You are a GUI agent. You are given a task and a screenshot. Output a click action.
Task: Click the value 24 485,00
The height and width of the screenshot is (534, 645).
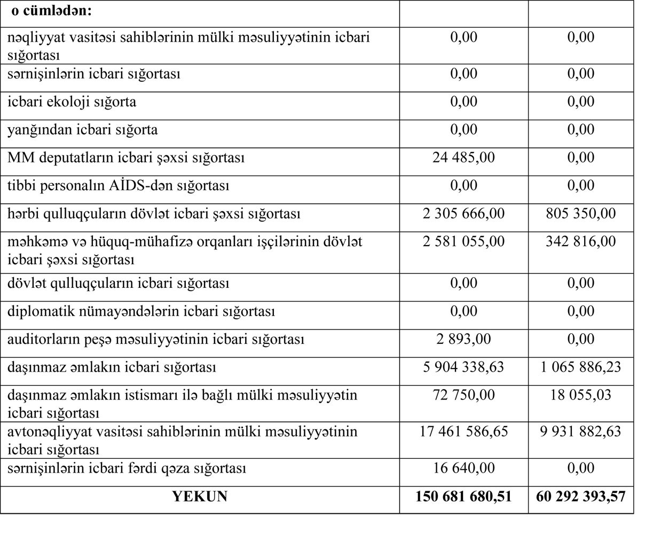coord(463,158)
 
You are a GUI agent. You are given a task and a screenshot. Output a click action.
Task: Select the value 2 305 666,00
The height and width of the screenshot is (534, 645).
coord(463,214)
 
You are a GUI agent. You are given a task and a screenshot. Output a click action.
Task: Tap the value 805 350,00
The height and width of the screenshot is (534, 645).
coord(580,214)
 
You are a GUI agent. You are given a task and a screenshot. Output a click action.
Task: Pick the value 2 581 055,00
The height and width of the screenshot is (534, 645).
coord(463,241)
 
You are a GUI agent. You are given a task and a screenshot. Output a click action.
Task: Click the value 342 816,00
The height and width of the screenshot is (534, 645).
coord(580,241)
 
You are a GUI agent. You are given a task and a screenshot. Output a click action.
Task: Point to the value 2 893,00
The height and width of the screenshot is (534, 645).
coord(463,339)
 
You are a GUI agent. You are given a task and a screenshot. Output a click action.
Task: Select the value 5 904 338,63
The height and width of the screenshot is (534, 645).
coord(463,367)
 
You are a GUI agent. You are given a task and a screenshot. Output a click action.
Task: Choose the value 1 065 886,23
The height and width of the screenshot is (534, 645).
coord(580,367)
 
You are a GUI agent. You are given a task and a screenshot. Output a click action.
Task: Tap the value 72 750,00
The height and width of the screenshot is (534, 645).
coord(463,395)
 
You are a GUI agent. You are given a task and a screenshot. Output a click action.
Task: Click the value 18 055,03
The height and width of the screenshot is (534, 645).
coord(580,395)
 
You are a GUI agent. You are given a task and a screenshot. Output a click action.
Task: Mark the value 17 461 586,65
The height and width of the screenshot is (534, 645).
coord(463,431)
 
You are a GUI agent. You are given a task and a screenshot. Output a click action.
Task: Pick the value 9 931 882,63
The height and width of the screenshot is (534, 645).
coord(580,431)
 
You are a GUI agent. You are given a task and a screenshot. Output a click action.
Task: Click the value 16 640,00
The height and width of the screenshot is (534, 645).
coord(463,468)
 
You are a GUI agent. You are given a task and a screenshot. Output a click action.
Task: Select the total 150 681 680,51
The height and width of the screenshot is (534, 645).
coord(463,497)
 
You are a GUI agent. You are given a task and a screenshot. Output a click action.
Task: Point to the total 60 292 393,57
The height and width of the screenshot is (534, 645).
coord(580,497)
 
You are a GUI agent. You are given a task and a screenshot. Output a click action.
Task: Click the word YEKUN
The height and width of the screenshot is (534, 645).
coord(200,497)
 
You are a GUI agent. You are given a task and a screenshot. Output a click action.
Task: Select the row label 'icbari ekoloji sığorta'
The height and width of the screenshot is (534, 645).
coord(72,101)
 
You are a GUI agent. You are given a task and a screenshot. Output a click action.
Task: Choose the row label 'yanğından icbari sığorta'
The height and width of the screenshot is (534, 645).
coord(82,130)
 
